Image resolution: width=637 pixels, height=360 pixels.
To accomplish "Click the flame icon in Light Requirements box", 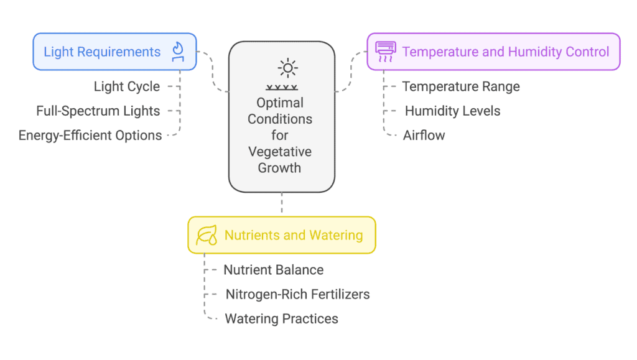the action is click(178, 52).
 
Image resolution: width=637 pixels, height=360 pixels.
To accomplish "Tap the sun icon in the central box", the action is click(287, 68).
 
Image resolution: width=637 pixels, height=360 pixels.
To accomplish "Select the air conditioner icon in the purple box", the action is click(386, 52).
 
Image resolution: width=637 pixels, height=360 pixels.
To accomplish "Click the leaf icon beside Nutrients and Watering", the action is click(207, 236).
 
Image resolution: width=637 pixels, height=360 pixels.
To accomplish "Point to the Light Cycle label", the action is click(127, 86).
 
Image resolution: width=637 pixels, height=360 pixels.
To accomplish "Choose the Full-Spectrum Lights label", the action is click(98, 111).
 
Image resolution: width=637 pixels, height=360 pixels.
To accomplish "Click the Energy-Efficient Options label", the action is click(90, 135).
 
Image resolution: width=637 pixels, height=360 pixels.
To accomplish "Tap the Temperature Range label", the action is click(461, 86).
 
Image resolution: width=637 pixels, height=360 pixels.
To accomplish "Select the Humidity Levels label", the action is click(453, 111).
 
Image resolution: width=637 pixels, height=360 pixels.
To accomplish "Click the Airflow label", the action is click(424, 135).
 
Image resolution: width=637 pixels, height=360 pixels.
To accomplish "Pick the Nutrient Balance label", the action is click(274, 270).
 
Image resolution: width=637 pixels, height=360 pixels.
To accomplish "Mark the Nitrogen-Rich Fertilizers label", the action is click(298, 294).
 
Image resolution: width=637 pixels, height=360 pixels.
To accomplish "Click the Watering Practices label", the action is click(282, 318).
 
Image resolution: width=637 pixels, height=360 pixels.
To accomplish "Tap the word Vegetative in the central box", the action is click(280, 152).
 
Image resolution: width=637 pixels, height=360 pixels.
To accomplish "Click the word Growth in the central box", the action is click(279, 168).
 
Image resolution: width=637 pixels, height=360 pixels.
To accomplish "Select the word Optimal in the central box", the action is click(280, 103).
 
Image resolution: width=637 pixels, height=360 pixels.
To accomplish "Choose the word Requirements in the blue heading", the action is click(119, 52).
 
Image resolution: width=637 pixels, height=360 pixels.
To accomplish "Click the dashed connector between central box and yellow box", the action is click(282, 203).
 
